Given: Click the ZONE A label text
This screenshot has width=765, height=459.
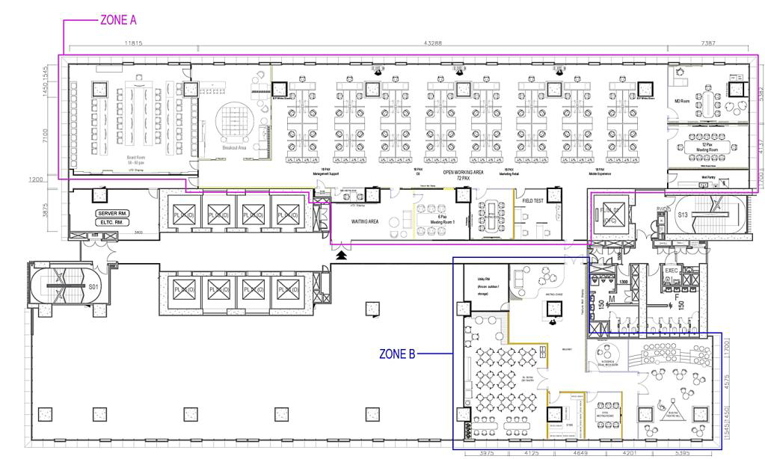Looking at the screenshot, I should pyautogui.click(x=118, y=20).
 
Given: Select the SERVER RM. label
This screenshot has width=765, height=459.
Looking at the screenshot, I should pyautogui.click(x=113, y=213).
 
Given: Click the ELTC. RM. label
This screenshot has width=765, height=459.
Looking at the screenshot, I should pyautogui.click(x=113, y=222).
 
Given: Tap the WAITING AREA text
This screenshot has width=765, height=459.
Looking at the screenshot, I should pyautogui.click(x=366, y=222).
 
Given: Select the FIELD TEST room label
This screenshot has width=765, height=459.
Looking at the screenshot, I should pyautogui.click(x=535, y=201).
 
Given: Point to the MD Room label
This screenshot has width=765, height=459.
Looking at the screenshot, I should pyautogui.click(x=681, y=101).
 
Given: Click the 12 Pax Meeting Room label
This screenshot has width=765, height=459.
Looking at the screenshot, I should pyautogui.click(x=707, y=147).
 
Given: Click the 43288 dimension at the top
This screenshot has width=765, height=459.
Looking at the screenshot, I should pyautogui.click(x=432, y=43).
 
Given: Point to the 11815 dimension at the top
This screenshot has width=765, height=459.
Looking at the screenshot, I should pyautogui.click(x=133, y=43).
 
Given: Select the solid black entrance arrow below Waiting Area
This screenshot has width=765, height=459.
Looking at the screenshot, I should pyautogui.click(x=342, y=255).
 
